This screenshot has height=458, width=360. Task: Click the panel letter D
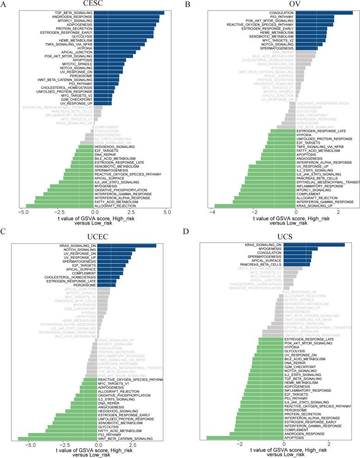coord(188,235)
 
